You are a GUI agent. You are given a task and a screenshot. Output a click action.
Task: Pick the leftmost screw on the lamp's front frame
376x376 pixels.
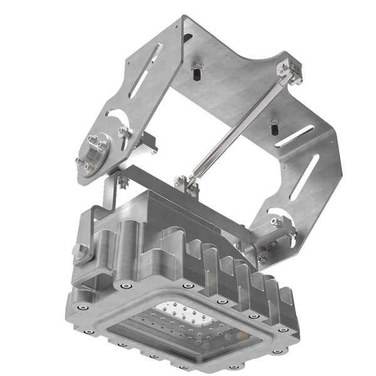(x=81, y=307)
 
